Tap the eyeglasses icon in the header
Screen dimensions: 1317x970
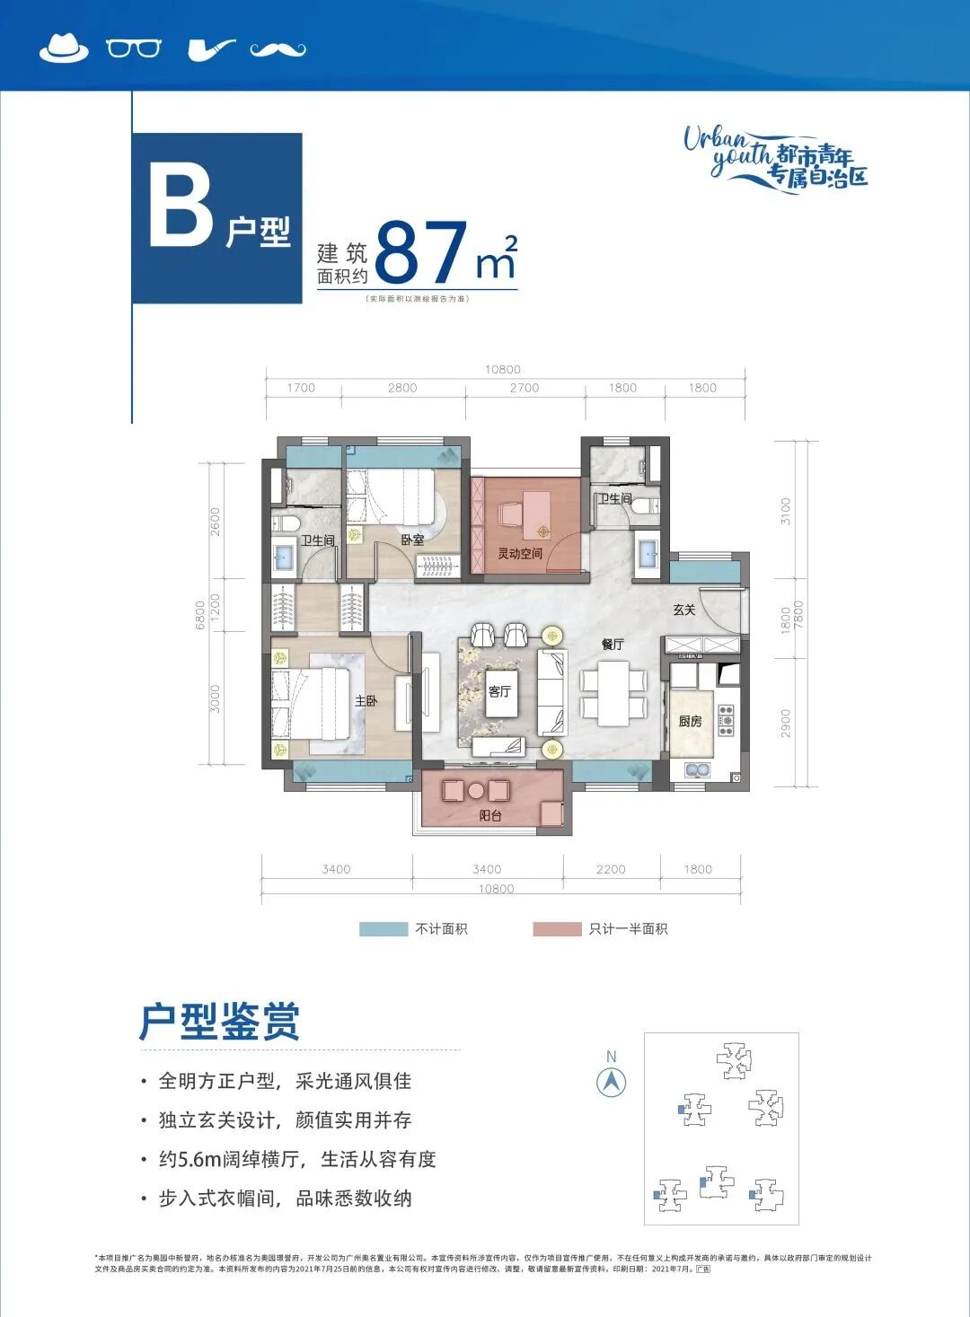pos(134,48)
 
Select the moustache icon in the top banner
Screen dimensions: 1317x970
pos(278,49)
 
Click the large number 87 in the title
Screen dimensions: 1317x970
pos(421,253)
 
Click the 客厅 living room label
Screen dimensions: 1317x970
pos(499,691)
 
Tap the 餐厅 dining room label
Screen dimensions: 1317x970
pos(613,645)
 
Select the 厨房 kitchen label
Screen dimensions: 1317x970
pos(690,721)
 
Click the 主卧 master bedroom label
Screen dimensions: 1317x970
pos(366,701)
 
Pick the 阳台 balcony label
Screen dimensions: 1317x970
pos(490,815)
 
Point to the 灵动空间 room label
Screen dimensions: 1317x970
pos(520,554)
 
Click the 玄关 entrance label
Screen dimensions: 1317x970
pos(684,610)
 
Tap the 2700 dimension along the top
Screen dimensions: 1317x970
pos(525,388)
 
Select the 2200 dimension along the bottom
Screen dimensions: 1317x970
pos(611,869)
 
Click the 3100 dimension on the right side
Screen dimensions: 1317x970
pos(786,511)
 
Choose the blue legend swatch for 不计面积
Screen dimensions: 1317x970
pos(384,929)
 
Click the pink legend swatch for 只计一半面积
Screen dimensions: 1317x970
pos(557,929)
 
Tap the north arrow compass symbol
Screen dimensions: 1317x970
pos(612,1082)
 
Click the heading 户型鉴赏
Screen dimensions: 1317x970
pos(220,1022)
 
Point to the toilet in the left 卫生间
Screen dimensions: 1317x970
pos(288,523)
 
